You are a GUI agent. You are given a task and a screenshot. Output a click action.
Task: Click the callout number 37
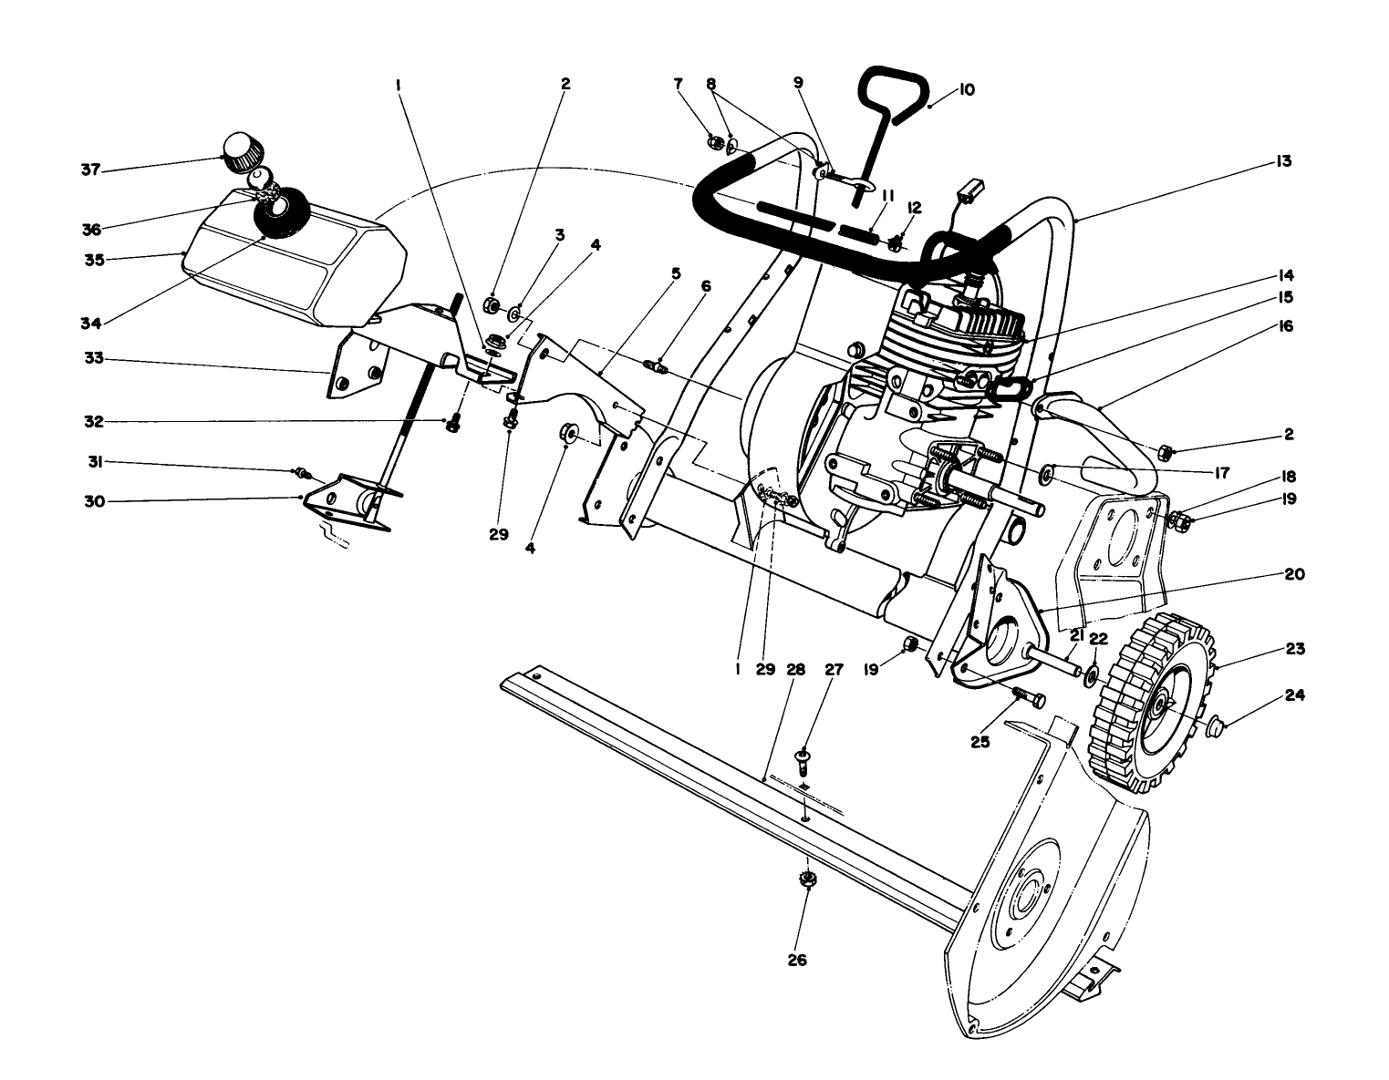point(89,170)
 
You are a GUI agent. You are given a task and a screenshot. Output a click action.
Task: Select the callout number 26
point(796,960)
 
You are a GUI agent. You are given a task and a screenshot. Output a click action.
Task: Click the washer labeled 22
point(1091,673)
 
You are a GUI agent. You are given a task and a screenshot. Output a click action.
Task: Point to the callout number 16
point(1287,325)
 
